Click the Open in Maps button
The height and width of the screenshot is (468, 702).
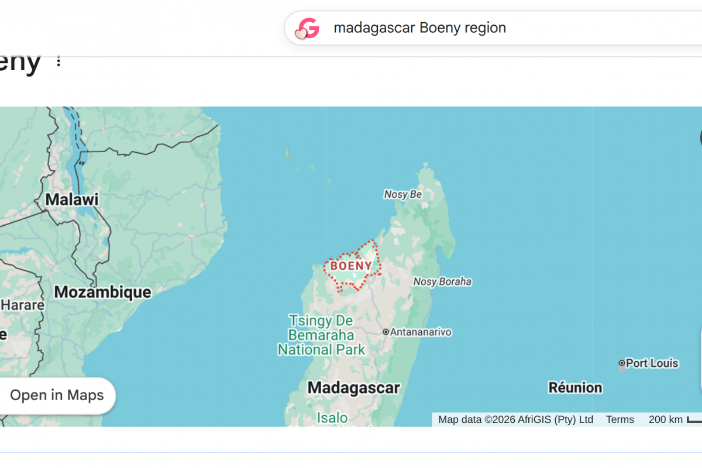point(57,395)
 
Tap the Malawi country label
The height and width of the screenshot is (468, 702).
point(72,199)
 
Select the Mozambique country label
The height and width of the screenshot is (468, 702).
point(102,292)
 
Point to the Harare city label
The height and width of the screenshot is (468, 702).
point(22,305)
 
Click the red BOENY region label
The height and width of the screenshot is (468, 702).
point(351,266)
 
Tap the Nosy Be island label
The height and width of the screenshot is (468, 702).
point(402,194)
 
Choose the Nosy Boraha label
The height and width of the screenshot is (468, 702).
point(442,282)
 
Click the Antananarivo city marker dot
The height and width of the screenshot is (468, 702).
point(386,332)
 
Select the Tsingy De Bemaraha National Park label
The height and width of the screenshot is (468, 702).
point(321,335)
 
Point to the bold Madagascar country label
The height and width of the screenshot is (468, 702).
point(353,387)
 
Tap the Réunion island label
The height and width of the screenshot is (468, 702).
point(575,387)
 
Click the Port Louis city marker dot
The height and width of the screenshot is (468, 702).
point(622,363)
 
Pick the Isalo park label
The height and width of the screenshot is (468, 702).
point(332,418)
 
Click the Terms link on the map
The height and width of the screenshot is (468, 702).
point(620,419)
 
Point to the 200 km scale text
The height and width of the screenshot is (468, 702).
point(665,419)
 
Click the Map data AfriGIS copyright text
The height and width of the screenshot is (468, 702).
point(515,419)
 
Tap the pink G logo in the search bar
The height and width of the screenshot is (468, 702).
point(307,28)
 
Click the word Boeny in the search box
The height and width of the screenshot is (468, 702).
point(440,27)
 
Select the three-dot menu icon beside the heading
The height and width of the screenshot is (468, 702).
point(58,61)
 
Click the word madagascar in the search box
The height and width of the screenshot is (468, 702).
point(374,27)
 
